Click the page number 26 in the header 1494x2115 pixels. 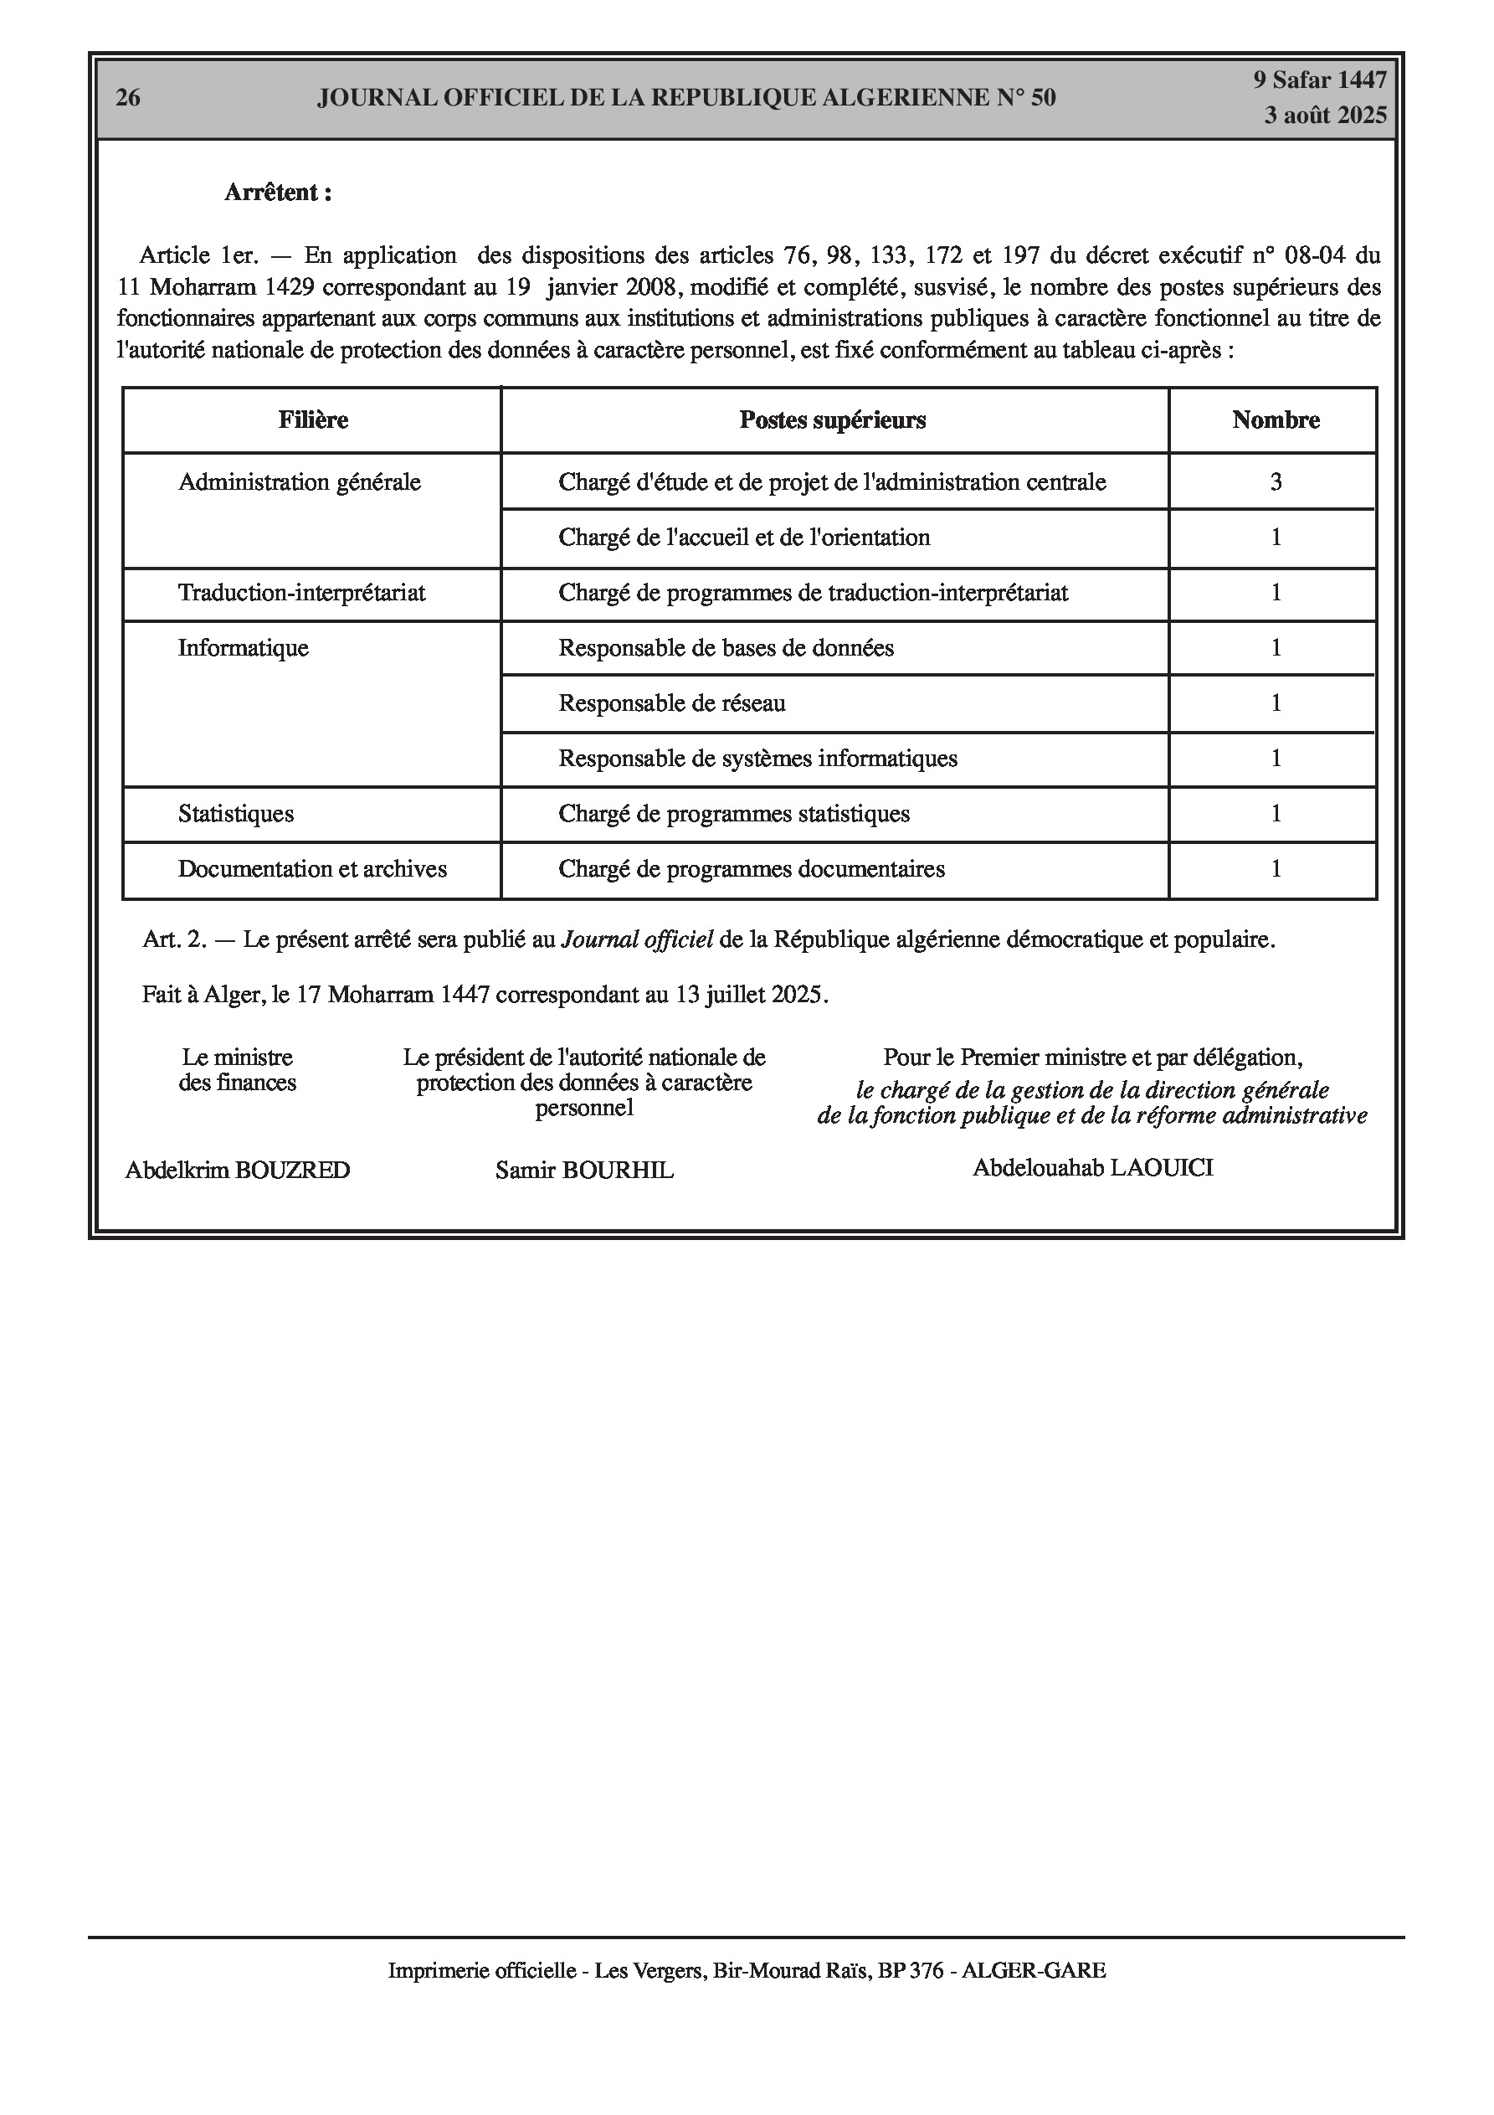128,98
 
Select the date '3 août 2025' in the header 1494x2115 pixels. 1325,116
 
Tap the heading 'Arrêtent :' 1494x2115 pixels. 278,193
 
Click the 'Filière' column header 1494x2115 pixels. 313,420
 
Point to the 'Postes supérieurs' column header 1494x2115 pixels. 833,420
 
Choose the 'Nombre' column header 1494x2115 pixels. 1276,420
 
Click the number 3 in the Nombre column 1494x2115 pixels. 1276,481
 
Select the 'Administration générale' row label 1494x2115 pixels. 300,481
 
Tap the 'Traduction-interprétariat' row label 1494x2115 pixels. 302,592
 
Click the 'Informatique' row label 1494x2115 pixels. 244,647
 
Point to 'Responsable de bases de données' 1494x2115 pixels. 726,647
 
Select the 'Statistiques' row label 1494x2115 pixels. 236,813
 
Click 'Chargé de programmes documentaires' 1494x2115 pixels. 752,868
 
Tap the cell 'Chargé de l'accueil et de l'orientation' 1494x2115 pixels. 744,537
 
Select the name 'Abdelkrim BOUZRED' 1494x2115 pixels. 238,1170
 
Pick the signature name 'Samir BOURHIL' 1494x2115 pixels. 584,1170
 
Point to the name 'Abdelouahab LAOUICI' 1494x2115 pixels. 1092,1168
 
